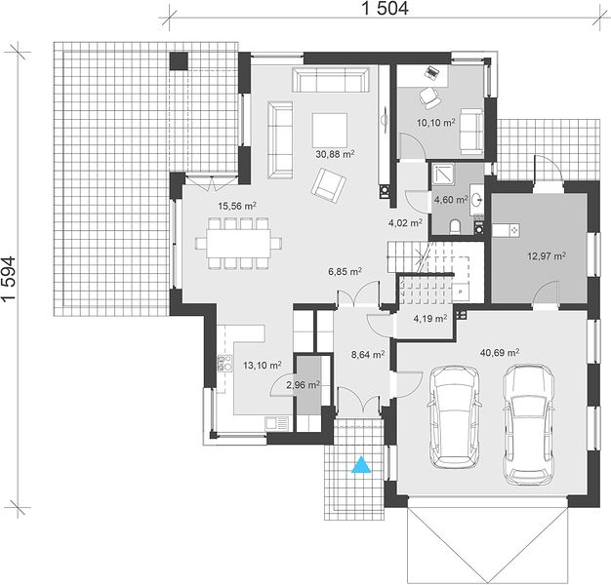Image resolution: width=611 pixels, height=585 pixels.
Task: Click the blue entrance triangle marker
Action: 361,465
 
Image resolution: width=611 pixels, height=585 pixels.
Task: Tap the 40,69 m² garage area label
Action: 499,353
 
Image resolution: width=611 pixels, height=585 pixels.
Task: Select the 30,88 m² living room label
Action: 335,154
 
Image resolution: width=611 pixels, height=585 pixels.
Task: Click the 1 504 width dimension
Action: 386,8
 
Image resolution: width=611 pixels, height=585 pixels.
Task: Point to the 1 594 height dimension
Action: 9,278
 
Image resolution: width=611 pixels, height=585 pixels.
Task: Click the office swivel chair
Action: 429,97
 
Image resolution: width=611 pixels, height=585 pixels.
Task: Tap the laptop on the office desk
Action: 432,73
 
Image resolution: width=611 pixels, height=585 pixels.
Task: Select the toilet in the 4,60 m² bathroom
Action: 454,227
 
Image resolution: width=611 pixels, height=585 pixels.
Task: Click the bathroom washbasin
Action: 476,200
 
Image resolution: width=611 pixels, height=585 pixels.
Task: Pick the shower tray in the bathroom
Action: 443,175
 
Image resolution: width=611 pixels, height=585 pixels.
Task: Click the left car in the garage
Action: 455,417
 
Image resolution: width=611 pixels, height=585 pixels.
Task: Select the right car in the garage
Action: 528,425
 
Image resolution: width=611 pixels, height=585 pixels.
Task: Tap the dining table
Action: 238,244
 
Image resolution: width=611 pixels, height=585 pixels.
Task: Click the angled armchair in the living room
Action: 329,185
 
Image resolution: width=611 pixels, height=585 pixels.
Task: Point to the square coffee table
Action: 330,131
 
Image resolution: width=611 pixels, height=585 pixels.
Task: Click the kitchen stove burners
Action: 224,363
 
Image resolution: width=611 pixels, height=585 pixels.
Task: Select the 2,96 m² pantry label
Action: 304,385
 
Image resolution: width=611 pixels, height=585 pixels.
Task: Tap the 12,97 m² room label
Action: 547,256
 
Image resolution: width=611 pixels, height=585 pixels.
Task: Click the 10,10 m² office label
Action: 436,123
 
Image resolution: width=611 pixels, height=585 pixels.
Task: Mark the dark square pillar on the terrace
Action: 179,61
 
